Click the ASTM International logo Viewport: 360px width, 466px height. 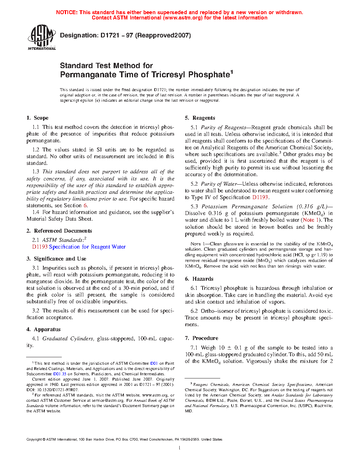pyautogui.click(x=42, y=37)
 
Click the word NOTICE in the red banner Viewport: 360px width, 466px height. pyautogui.click(x=67, y=12)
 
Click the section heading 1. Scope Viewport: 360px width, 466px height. pyautogui.click(x=37, y=118)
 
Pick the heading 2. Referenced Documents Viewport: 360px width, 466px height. pyautogui.click(x=59, y=231)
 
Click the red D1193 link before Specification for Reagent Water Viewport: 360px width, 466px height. pyautogui.click(x=40, y=247)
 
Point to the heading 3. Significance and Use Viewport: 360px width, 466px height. pyautogui.click(x=56, y=259)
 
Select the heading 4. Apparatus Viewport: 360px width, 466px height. pyautogui.click(x=43, y=329)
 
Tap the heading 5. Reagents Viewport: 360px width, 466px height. pyautogui.click(x=200, y=118)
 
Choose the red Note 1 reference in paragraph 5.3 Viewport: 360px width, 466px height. pyautogui.click(x=308, y=220)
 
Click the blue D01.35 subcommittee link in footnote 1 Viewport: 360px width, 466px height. pyautogui.click(x=60, y=374)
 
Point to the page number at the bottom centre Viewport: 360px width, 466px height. pyautogui.click(x=180, y=448)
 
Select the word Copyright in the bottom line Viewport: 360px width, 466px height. pyautogui.click(x=34, y=440)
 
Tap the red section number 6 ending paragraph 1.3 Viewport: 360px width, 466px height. pyautogui.click(x=85, y=205)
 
